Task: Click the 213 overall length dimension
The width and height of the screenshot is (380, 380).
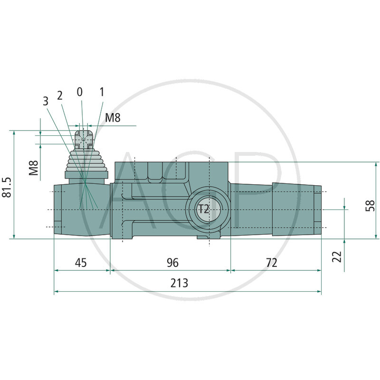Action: pyautogui.click(x=180, y=283)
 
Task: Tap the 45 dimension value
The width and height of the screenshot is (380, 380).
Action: pyautogui.click(x=81, y=263)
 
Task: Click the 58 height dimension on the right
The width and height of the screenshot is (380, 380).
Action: pyautogui.click(x=371, y=205)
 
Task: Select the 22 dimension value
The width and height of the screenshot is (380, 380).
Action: pyautogui.click(x=337, y=256)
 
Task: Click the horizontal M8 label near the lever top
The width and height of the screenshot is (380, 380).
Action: pyautogui.click(x=113, y=118)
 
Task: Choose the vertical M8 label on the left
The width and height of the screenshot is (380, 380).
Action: pyautogui.click(x=33, y=168)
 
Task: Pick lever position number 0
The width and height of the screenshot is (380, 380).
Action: pyautogui.click(x=79, y=91)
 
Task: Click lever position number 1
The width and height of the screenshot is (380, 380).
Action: pyautogui.click(x=102, y=91)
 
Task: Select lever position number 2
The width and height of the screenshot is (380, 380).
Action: pyautogui.click(x=60, y=95)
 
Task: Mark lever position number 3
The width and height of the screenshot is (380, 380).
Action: pyautogui.click(x=46, y=101)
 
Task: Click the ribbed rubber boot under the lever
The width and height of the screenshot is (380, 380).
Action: pyautogui.click(x=85, y=161)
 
